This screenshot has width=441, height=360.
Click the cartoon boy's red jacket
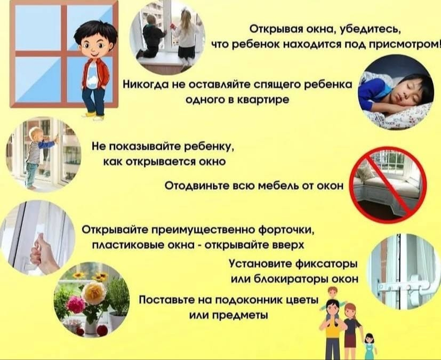pos(103,74)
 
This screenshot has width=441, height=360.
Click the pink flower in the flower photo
pos(76,304)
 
